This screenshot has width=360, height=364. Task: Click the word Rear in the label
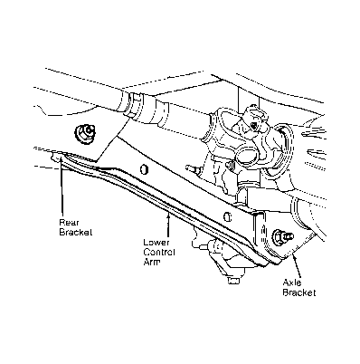[69, 223]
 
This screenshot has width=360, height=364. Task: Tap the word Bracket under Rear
[75, 233]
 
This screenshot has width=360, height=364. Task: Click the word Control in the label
[159, 252]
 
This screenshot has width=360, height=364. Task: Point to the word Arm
[151, 262]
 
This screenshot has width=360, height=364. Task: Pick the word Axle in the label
[292, 283]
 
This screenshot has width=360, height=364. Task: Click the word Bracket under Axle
[299, 292]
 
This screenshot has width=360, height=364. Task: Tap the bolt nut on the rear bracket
[84, 132]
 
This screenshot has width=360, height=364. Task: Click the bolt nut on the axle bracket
[281, 236]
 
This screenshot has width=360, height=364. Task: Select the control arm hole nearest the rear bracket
[145, 169]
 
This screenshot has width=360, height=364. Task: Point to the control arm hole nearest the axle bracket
[228, 216]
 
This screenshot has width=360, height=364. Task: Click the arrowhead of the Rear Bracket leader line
[62, 158]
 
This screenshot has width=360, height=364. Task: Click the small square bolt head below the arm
[233, 281]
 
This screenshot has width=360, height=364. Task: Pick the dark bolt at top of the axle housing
[255, 125]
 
